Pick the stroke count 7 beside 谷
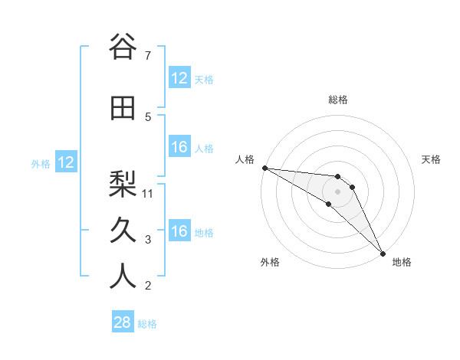147,56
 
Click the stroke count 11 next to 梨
149,193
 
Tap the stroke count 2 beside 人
147,286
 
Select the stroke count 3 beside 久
147,240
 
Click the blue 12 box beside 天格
179,78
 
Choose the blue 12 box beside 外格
66,162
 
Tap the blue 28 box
123,322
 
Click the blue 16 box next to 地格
179,231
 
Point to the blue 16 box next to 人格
179,147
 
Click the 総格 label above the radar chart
338,100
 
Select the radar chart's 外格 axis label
270,262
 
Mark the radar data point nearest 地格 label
383,253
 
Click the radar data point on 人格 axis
264,168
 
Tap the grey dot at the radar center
338,191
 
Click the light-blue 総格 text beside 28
147,323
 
